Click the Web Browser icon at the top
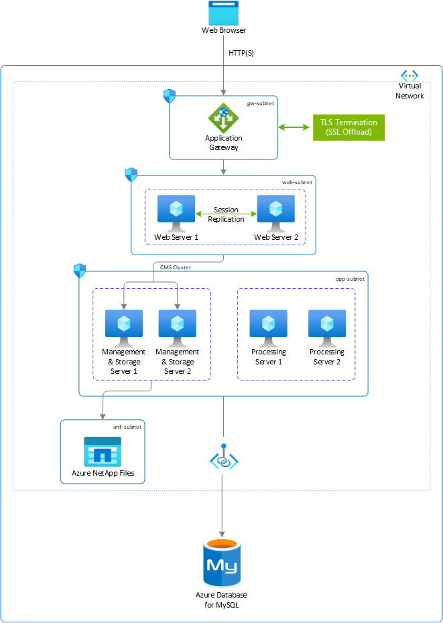click(223, 13)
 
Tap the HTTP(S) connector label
click(241, 53)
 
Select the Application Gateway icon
click(223, 119)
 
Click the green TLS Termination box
click(349, 127)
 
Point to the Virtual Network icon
click(409, 76)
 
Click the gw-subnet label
click(261, 104)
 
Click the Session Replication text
click(226, 214)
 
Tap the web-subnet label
click(296, 182)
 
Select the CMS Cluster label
click(176, 267)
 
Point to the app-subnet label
click(351, 278)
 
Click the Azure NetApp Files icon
click(103, 452)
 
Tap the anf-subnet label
click(127, 426)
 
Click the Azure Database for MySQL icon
click(223, 563)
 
